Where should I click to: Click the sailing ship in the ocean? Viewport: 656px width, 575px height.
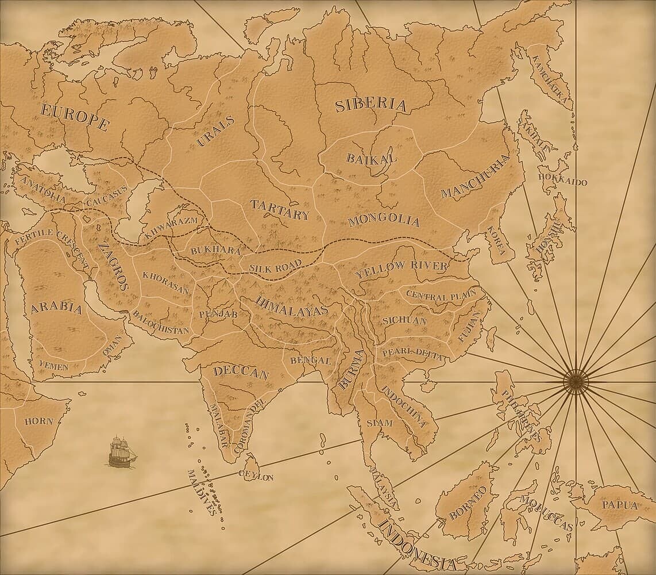[122, 451]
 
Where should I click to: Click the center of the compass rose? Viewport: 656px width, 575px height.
[575, 381]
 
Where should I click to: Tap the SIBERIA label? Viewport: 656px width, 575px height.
[371, 105]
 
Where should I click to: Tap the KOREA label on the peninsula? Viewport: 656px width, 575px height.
[496, 240]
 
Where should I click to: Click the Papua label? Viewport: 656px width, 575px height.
[619, 505]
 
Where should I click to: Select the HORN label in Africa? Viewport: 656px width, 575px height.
[38, 421]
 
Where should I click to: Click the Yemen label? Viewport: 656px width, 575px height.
[53, 364]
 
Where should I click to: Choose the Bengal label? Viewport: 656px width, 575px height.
[311, 361]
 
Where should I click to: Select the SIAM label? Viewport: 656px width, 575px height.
[380, 423]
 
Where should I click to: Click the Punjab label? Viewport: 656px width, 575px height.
[218, 314]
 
